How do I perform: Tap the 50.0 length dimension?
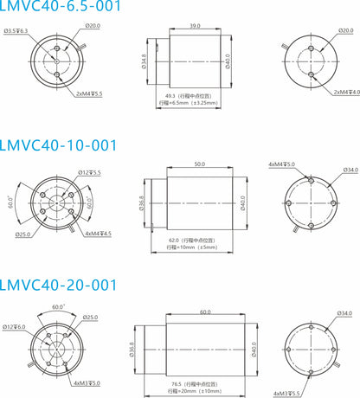(x=199, y=164)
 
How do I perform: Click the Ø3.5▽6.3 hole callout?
(x=16, y=30)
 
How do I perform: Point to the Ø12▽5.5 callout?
(x=90, y=173)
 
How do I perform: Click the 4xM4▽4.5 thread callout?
(x=99, y=232)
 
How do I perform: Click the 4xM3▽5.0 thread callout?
(x=87, y=382)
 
